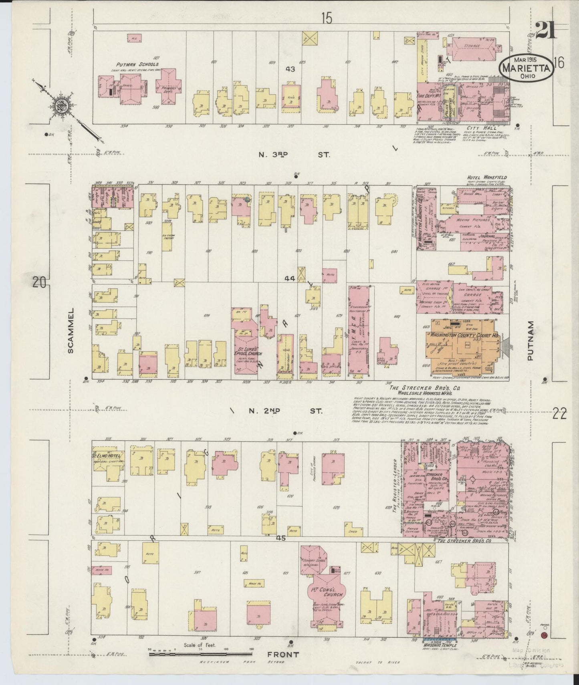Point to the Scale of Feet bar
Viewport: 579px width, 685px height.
coord(200,654)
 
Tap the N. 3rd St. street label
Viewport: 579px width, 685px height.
coord(294,155)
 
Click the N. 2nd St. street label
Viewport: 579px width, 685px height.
coord(294,411)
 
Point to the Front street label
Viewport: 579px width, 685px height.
coord(284,654)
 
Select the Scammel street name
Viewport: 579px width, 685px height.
coord(71,330)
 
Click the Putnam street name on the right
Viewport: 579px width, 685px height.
coord(531,340)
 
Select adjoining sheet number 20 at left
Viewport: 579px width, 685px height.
coord(39,283)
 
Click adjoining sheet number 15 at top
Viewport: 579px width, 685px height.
coord(327,18)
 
